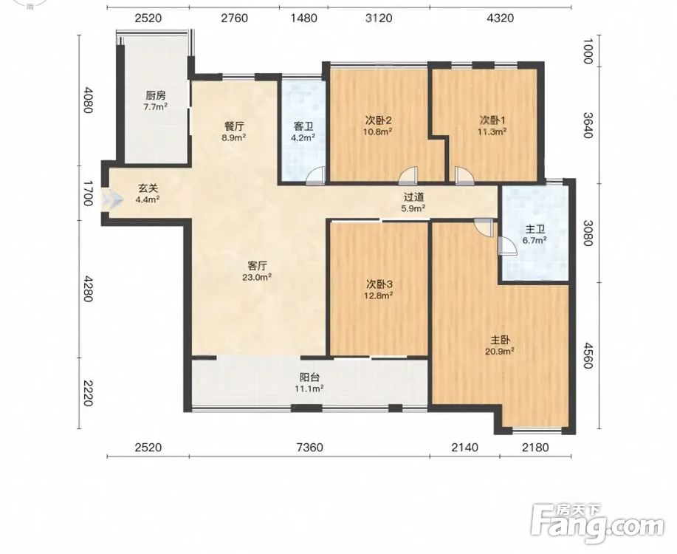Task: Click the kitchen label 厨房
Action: pos(156,95)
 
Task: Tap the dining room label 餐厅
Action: pos(235,126)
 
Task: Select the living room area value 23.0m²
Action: pos(257,278)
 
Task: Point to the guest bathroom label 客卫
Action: pos(303,126)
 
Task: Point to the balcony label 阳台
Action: pos(309,377)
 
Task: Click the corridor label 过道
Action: pos(414,197)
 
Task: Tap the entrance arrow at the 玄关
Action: pos(112,199)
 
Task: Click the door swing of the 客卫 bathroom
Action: pos(315,177)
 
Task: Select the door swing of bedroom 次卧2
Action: pos(408,177)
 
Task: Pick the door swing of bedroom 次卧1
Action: pos(464,177)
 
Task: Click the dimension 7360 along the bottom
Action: pos(310,447)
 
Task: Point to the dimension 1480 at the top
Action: pos(304,18)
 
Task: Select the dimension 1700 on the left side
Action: pos(88,194)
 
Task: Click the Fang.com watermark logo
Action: pos(597,524)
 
